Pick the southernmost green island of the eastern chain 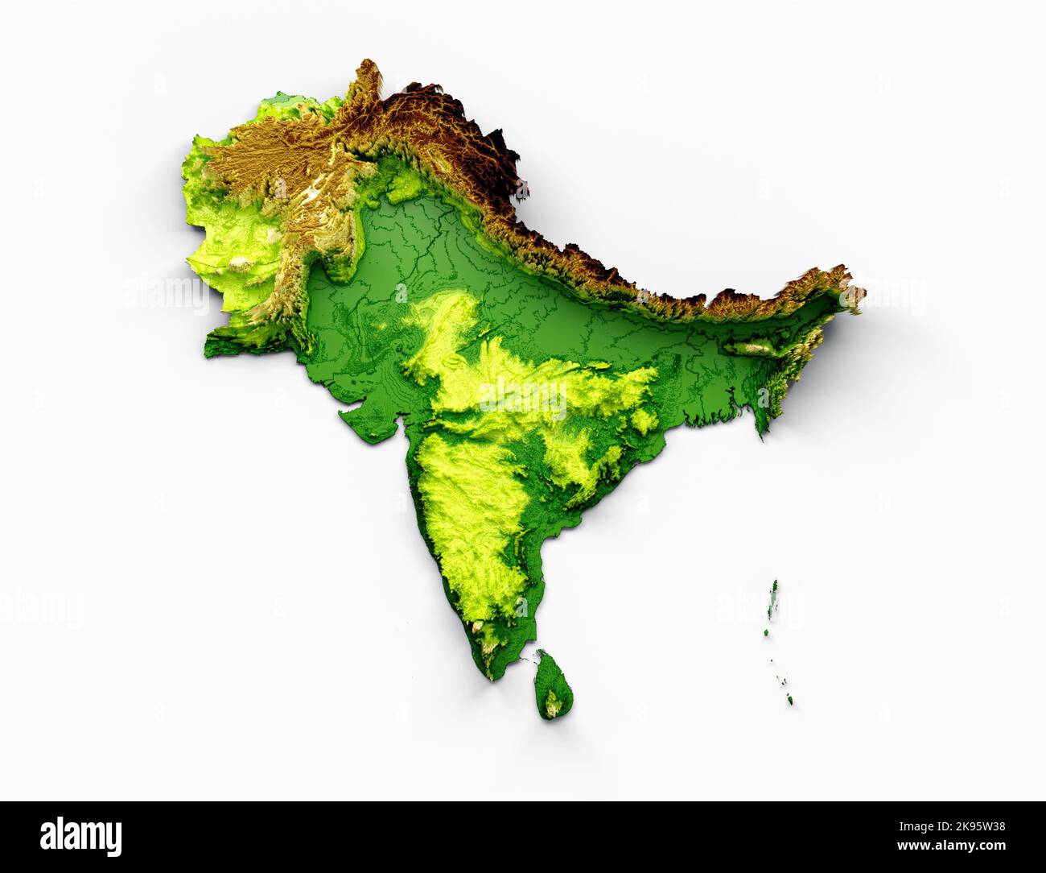793,699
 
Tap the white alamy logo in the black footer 80,837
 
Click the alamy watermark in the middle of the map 523,396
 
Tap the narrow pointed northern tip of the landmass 368,64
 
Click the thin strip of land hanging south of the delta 760,423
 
